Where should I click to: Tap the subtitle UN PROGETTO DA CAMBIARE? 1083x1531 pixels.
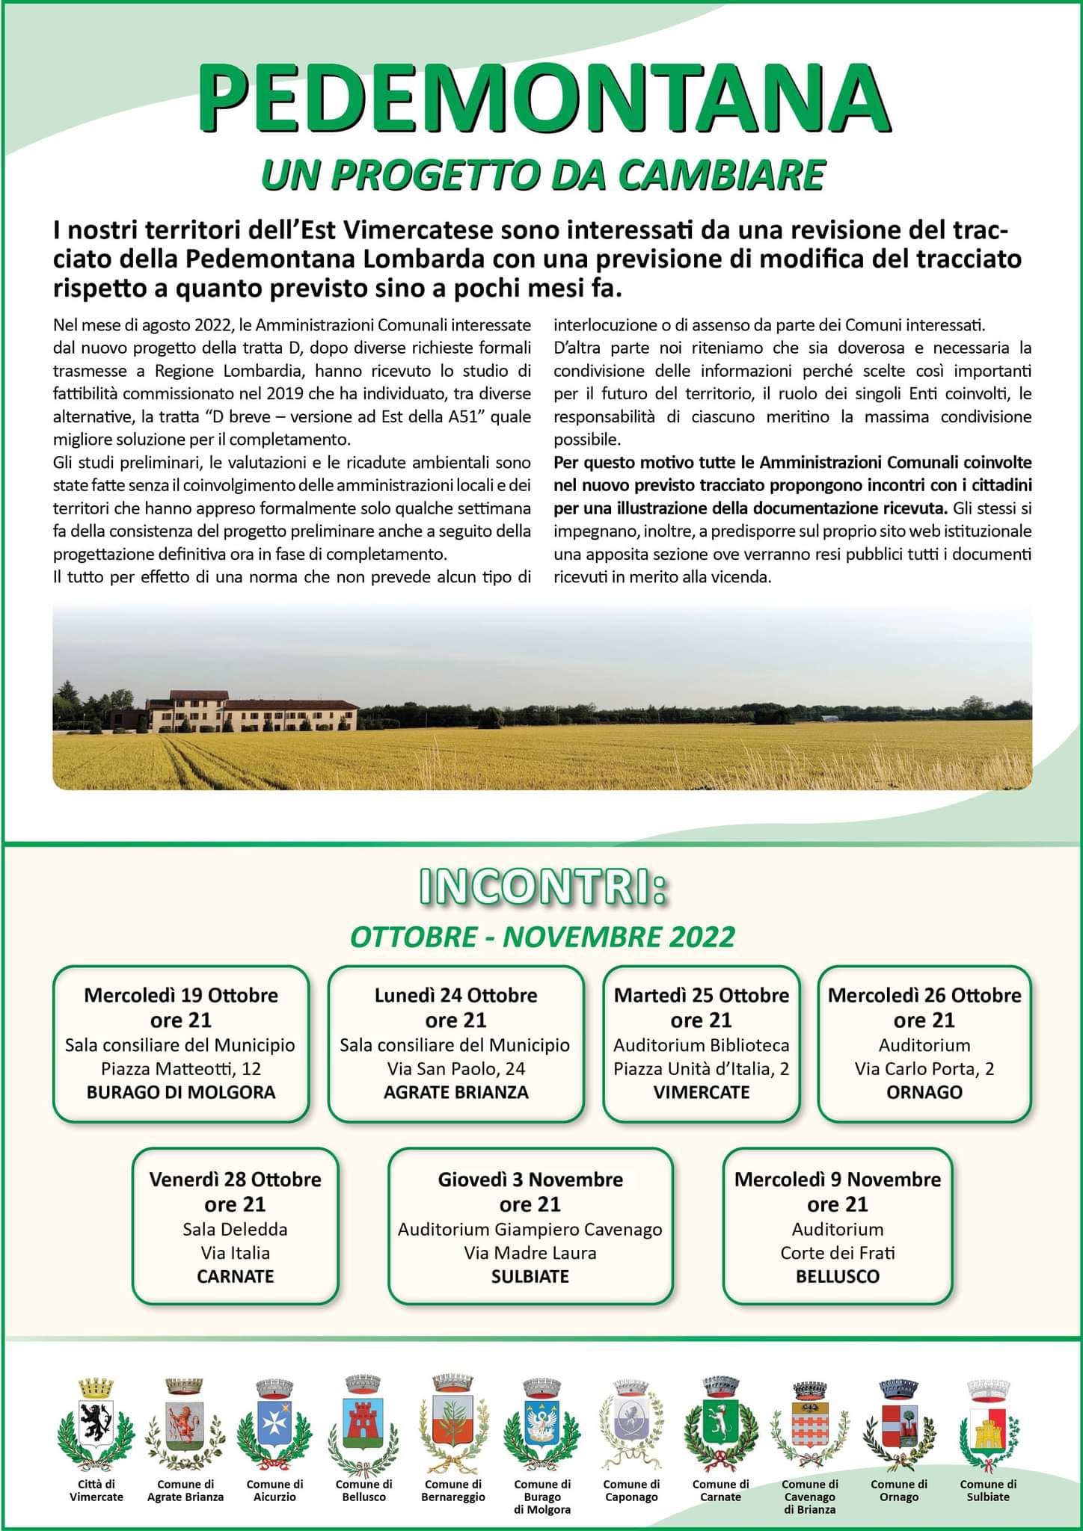(542, 176)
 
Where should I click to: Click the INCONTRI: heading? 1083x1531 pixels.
(542, 887)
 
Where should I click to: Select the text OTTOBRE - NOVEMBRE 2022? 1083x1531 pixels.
(542, 937)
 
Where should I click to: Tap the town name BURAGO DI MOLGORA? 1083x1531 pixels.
(181, 1092)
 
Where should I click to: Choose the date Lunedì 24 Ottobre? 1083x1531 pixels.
(455, 995)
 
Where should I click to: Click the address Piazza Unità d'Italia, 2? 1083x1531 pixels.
(701, 1069)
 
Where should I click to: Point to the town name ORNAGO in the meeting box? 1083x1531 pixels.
(924, 1092)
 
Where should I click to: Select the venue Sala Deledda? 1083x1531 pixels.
(235, 1230)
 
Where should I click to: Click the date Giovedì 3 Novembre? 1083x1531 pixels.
(530, 1180)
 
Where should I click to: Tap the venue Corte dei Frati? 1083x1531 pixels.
(838, 1253)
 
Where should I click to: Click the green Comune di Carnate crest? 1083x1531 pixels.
(720, 1423)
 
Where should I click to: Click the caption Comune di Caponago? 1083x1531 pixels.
(631, 1490)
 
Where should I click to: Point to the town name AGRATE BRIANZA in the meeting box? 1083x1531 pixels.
(455, 1092)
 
